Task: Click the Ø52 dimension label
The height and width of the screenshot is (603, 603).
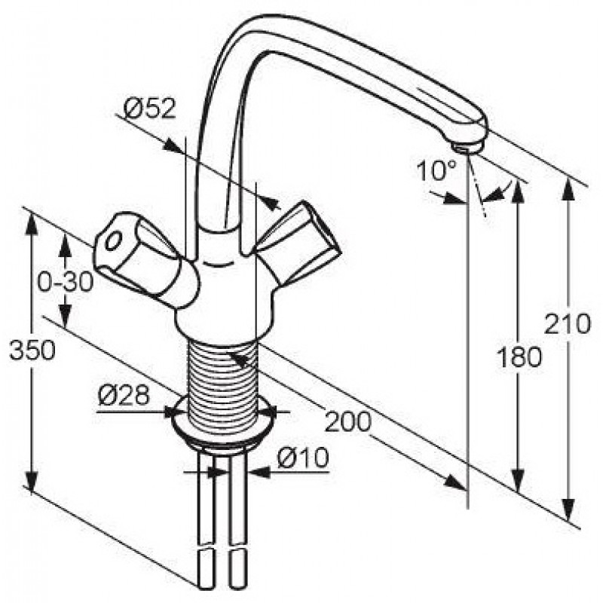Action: pyautogui.click(x=150, y=109)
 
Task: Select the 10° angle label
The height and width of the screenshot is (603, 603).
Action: pyautogui.click(x=436, y=170)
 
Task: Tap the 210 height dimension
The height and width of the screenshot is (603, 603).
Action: pyautogui.click(x=567, y=324)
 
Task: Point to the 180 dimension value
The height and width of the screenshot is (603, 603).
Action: pyautogui.click(x=519, y=357)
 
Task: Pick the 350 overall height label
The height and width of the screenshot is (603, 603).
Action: pyautogui.click(x=32, y=350)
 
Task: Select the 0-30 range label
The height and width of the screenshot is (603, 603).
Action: pyautogui.click(x=66, y=282)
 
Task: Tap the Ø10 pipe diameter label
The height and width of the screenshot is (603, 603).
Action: pyautogui.click(x=303, y=458)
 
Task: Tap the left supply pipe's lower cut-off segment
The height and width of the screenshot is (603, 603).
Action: pyautogui.click(x=206, y=574)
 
